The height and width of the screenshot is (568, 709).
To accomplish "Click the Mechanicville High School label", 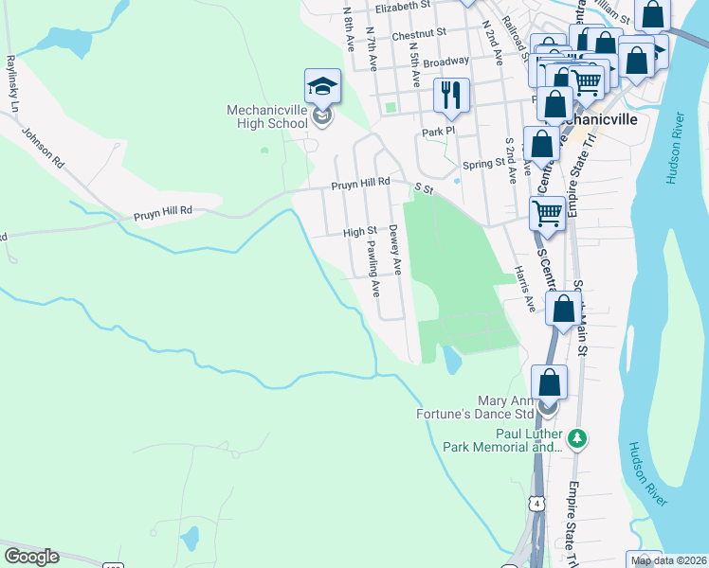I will (267, 116).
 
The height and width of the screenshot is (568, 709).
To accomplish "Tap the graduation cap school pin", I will (322, 87).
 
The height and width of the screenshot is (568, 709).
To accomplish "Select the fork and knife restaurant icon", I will (451, 95).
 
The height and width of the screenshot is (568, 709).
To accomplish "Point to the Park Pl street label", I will (439, 132).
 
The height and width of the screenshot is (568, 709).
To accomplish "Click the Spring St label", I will (484, 163).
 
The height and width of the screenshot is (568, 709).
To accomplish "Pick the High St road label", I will (359, 231).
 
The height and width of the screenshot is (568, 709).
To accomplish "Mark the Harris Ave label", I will (524, 288).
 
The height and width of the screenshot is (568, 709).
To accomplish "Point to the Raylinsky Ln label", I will (11, 83).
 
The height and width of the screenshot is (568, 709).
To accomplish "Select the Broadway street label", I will (445, 62).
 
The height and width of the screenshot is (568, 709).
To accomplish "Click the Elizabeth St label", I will (403, 6).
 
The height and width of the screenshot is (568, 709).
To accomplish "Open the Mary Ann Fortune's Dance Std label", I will (476, 406).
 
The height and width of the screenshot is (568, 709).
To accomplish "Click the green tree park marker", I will (576, 438).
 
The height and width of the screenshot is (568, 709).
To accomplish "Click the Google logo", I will (31, 557).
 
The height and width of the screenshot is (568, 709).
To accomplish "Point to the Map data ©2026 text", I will (669, 561).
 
